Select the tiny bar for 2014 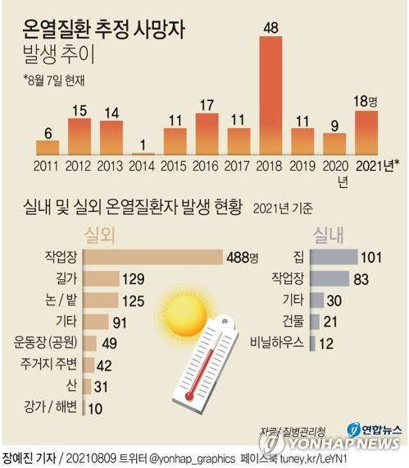pos(143,154)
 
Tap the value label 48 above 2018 pos(270,28)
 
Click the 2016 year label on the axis pos(207,167)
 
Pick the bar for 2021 pos(366,133)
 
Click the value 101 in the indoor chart pos(372,257)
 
